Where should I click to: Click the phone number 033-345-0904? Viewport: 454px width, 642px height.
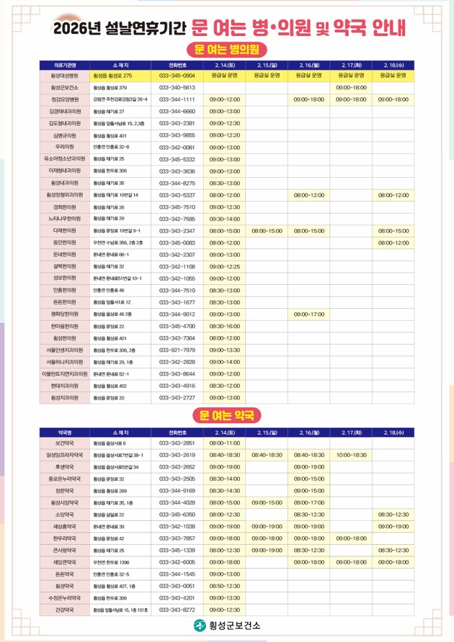click(x=177, y=75)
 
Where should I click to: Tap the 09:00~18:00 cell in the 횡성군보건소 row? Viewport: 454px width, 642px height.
click(x=352, y=87)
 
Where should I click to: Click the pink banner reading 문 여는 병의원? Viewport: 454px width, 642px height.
click(x=227, y=50)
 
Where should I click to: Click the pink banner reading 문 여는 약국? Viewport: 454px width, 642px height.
click(x=227, y=415)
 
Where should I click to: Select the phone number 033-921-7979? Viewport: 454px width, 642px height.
click(x=177, y=350)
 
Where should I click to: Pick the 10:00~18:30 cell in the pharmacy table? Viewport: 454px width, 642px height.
click(x=352, y=455)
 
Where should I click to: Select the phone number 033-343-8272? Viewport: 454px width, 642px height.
click(x=177, y=610)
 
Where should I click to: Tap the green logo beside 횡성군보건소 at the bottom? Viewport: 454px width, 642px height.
click(x=200, y=627)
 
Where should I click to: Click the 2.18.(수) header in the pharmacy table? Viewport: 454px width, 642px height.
click(x=394, y=432)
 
